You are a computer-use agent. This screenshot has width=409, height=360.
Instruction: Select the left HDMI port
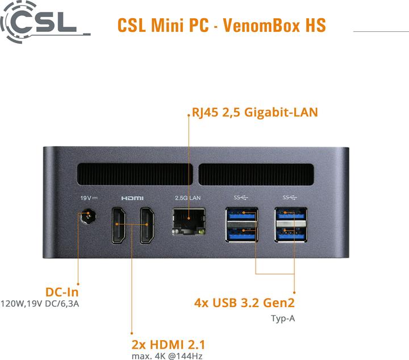click(119, 226)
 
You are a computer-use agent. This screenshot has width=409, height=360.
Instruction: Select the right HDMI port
click(147, 226)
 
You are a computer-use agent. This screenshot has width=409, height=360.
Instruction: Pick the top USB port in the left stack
click(242, 216)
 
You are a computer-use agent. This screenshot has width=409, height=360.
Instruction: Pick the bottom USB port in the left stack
click(242, 233)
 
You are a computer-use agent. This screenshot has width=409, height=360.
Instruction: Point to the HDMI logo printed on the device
click(132, 198)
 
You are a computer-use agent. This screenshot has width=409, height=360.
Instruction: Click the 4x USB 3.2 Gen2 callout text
click(244, 303)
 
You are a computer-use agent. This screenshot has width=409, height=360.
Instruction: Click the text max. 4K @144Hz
click(166, 356)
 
